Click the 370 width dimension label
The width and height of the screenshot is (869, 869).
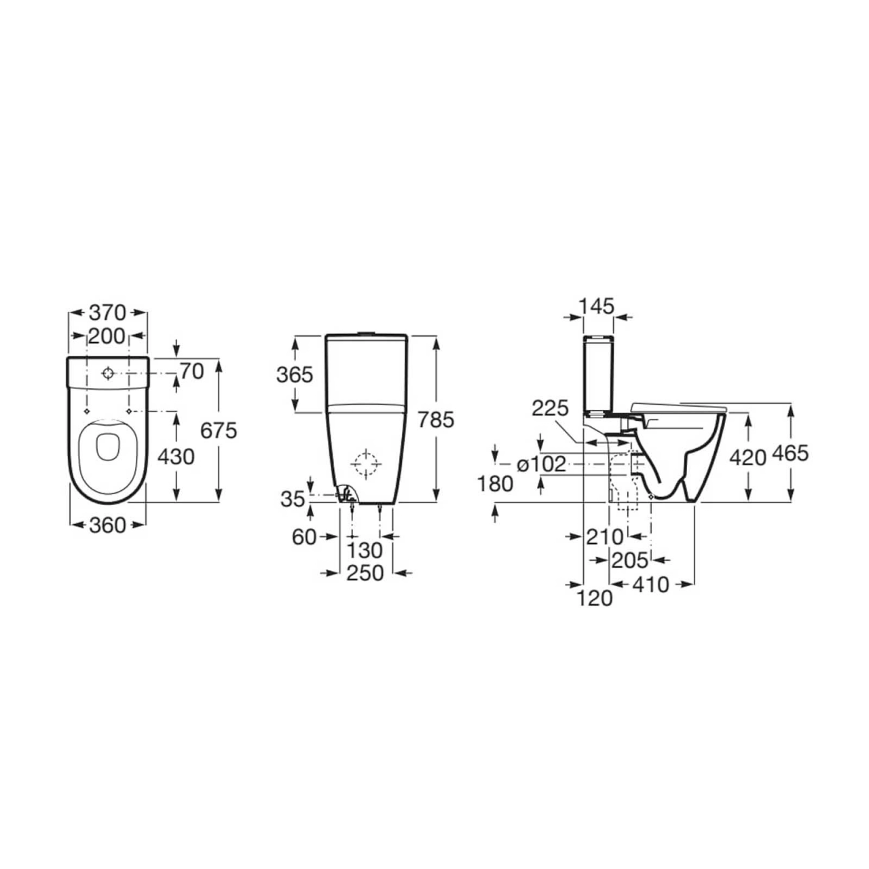(x=107, y=312)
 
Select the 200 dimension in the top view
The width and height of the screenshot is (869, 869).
(x=107, y=336)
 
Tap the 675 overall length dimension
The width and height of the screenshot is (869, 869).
(x=219, y=431)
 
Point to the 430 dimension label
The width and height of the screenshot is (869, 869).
(x=176, y=457)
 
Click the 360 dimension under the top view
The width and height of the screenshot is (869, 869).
(x=107, y=525)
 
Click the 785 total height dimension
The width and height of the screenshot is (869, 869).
(x=436, y=420)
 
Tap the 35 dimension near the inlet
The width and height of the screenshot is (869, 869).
(x=293, y=499)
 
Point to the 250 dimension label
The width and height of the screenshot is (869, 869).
(x=365, y=573)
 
